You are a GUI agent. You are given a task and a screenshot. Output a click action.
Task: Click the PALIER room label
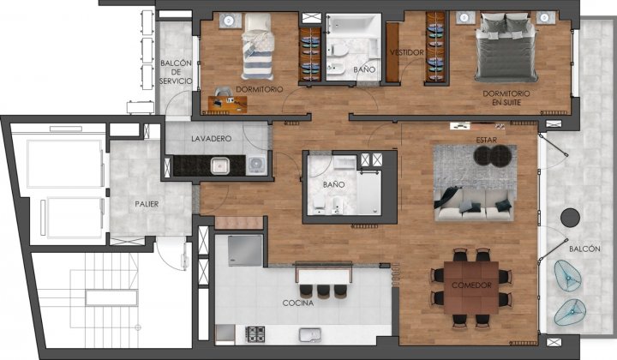pos(147,204)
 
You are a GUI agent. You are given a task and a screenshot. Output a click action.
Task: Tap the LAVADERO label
pos(212,139)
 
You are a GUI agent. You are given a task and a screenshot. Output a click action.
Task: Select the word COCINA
pos(298,303)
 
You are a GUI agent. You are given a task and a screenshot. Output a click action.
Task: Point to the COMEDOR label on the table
pos(471,285)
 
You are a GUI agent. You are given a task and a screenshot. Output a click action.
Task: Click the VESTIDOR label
pos(407,52)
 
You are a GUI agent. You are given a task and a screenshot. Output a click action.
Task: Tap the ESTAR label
pos(487,140)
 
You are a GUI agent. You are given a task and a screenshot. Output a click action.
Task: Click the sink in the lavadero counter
pos(220,165)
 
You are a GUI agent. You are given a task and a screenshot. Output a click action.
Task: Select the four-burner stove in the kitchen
pos(255,334)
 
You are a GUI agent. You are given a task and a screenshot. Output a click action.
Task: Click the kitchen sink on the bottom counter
pos(310,335)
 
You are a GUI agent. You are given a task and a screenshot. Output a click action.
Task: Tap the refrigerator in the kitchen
pos(245,250)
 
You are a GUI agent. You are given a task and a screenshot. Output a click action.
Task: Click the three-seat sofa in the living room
pos(474,206)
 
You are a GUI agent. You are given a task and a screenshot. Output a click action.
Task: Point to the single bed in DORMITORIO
pos(257,47)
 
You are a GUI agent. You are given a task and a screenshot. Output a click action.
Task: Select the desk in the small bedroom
pos(227,105)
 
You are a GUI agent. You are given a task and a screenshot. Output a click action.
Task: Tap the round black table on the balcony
pos(570,218)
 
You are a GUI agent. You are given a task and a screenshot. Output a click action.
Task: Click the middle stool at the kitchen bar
pos(323,291)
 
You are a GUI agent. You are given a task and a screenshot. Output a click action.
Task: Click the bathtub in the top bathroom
pos(353,25)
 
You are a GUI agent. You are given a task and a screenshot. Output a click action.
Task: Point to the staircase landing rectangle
pos(111,297)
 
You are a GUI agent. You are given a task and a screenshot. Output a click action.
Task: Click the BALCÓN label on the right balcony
pos(584,249)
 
